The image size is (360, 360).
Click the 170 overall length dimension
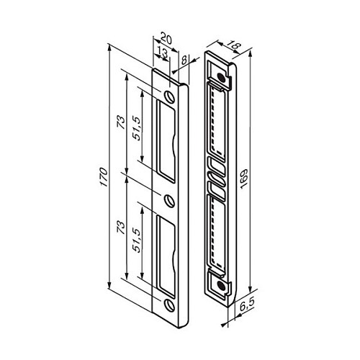[104, 177]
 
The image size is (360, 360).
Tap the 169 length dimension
[244, 179]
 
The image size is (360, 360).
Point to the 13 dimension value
[163, 52]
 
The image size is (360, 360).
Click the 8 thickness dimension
[184, 60]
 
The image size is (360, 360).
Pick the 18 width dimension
[233, 45]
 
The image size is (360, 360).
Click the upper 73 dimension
[121, 122]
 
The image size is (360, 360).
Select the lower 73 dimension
[121, 228]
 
